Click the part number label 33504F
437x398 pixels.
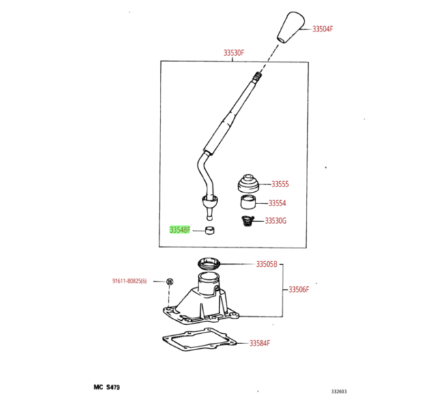pos(322,29)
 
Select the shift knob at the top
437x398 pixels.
pos(291,27)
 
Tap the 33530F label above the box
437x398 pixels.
pos(234,53)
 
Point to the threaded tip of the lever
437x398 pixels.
pos(257,74)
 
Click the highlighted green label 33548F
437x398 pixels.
pos(180,230)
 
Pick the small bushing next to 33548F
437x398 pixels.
pos(210,230)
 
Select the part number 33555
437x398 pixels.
pos(280,184)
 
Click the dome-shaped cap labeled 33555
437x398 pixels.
pos(249,184)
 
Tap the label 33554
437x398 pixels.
pos(277,203)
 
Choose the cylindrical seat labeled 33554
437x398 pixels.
pos(249,202)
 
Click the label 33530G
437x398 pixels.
pos(275,221)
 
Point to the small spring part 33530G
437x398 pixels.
pos(247,221)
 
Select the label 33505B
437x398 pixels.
pos(267,264)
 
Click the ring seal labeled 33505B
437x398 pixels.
pos(209,264)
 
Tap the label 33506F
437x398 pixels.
pos(299,289)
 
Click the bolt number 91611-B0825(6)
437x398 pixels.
pos(129,281)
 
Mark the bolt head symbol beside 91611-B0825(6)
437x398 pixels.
pos(170,281)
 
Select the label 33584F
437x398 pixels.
pos(259,343)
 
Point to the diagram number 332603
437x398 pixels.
pos(339,392)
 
